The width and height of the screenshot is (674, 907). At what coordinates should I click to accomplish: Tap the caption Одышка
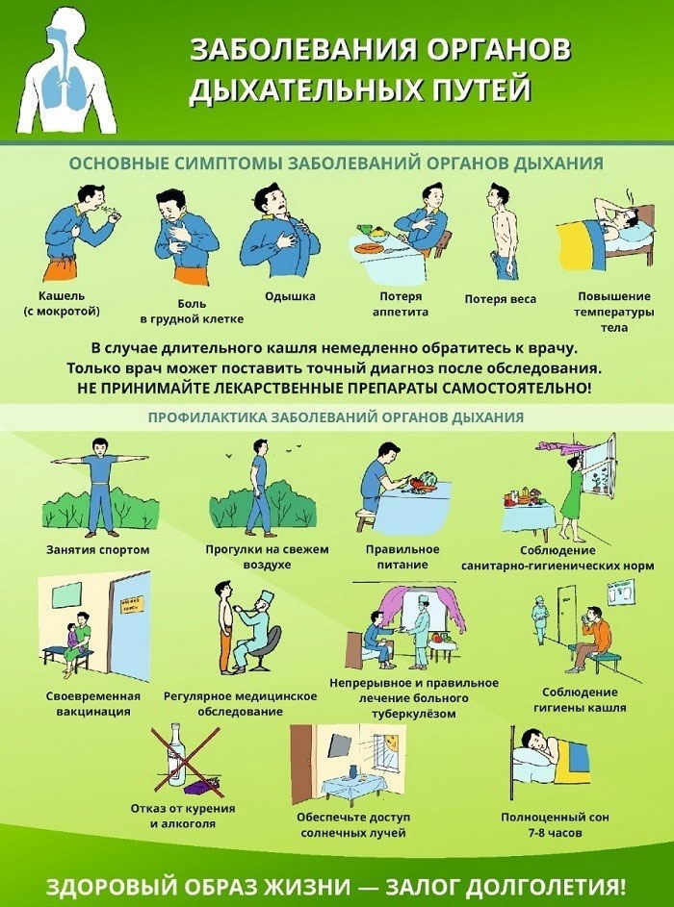pyautogui.click(x=290, y=296)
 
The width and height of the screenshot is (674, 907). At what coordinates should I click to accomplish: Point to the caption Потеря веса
pyautogui.click(x=501, y=299)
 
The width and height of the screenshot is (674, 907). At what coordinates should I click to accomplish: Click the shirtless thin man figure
pyautogui.click(x=502, y=231)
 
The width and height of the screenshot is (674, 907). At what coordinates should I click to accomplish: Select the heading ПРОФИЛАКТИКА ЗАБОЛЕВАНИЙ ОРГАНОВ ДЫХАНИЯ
pyautogui.click(x=336, y=417)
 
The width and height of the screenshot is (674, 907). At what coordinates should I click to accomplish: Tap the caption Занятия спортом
pyautogui.click(x=98, y=549)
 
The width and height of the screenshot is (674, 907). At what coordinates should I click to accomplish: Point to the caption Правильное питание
pyautogui.click(x=402, y=557)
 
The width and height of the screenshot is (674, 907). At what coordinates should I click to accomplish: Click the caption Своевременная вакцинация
pyautogui.click(x=93, y=703)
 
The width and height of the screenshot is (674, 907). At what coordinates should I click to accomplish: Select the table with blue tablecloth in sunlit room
pyautogui.click(x=354, y=786)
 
